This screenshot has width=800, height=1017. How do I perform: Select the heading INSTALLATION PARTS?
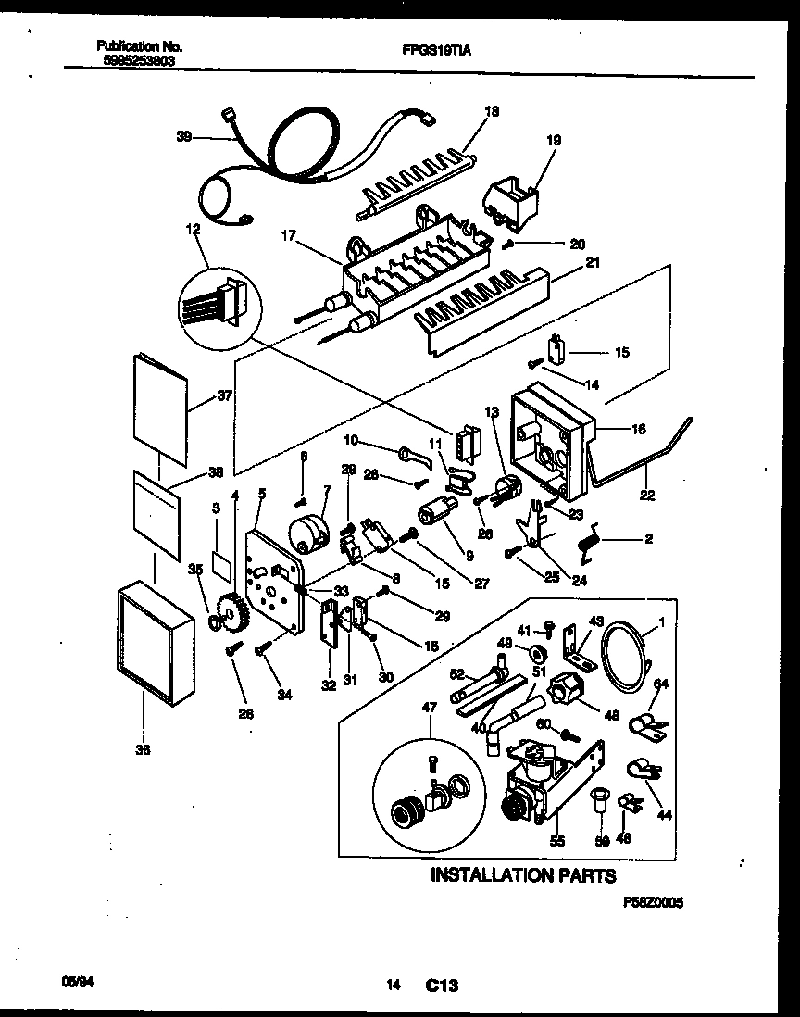point(523,874)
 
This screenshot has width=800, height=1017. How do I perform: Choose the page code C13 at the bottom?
point(442,986)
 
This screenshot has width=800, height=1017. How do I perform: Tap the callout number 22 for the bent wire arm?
point(646,496)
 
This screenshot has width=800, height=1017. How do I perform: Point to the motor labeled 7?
point(312,534)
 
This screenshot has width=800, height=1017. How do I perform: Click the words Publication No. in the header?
point(139,46)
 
